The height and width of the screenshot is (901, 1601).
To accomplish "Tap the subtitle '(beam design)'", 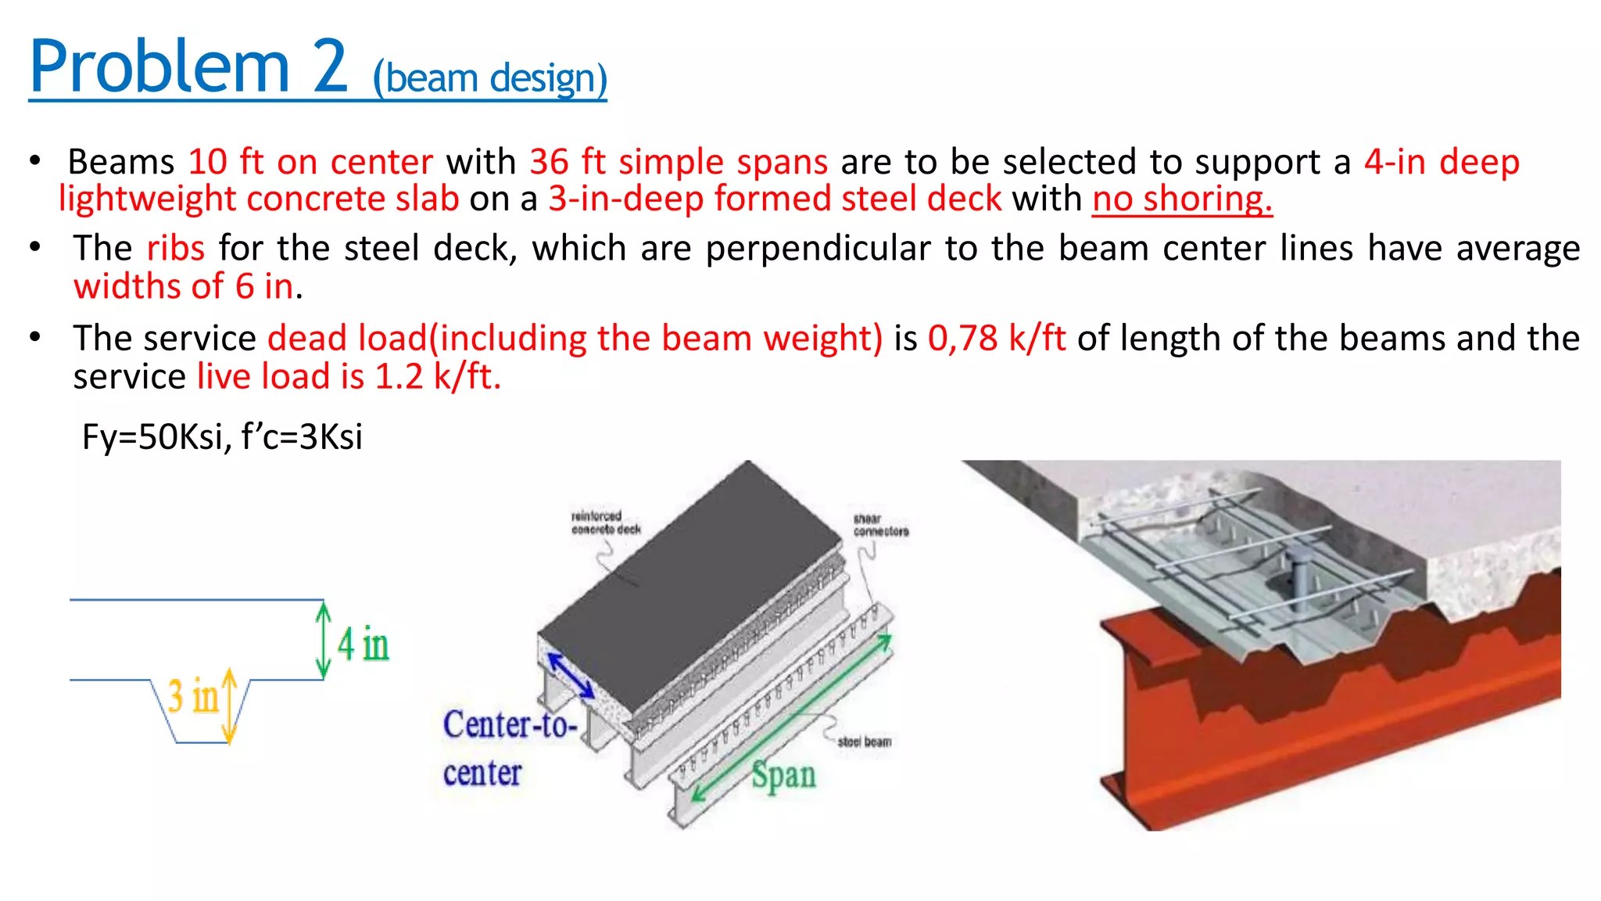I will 490,78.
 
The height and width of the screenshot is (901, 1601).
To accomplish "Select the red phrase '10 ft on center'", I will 310,162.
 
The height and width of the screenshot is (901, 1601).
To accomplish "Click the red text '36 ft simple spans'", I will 678,162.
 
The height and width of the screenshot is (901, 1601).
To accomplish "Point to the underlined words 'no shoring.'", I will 1182,199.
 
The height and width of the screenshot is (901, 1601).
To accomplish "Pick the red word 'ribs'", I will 176,248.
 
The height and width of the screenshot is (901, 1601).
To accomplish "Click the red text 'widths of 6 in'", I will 184,286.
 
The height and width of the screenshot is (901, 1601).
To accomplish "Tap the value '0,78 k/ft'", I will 997,338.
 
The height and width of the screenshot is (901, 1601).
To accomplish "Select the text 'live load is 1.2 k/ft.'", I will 349,376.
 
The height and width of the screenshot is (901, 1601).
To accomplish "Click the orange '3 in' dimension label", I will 192,695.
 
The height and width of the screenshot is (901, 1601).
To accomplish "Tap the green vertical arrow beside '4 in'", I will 323,640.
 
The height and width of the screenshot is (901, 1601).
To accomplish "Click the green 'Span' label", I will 783,775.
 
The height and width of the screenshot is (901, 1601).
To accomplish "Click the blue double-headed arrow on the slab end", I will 571,675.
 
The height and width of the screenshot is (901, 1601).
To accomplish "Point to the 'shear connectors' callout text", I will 880,525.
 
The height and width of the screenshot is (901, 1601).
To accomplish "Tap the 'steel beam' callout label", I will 864,741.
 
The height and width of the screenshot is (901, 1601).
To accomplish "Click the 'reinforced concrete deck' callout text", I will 605,522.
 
